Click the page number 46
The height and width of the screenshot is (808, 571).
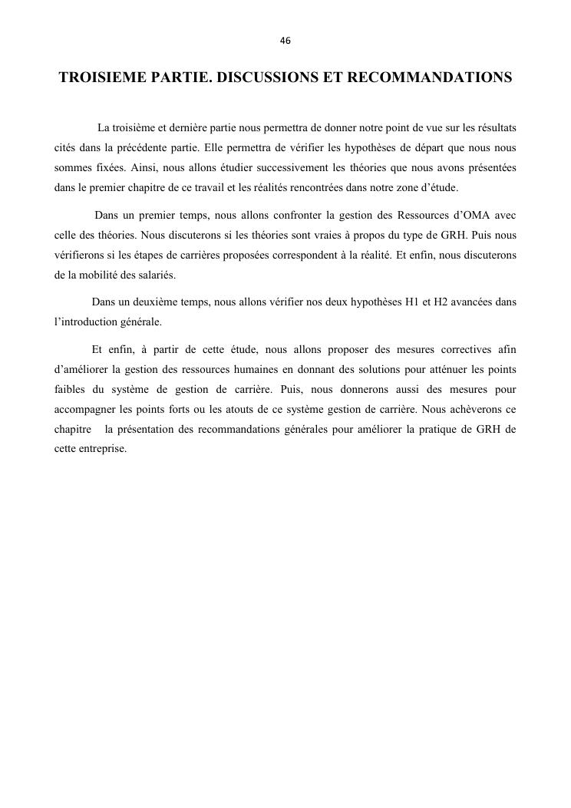tap(285, 40)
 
